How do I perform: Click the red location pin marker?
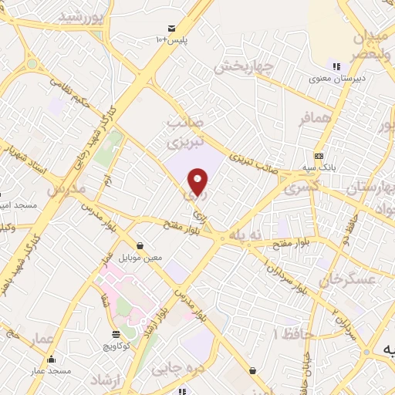(x=198, y=181)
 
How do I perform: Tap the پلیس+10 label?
(x=170, y=39)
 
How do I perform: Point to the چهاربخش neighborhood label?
(x=243, y=66)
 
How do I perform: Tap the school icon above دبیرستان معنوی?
(x=335, y=66)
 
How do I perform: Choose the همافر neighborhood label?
(x=316, y=116)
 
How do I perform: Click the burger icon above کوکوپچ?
(x=116, y=335)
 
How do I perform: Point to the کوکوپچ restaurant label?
(x=116, y=346)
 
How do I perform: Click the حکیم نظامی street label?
(x=77, y=92)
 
